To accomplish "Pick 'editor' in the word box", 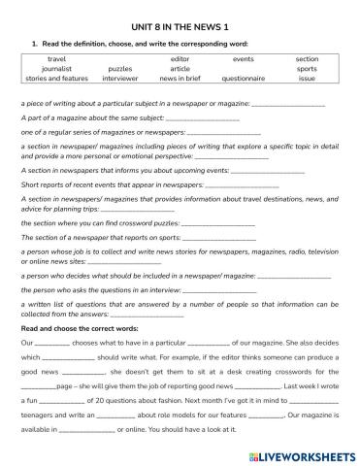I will [180, 59].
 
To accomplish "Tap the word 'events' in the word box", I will [243, 59].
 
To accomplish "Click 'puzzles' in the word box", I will [120, 69].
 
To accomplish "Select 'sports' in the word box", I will [307, 69].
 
